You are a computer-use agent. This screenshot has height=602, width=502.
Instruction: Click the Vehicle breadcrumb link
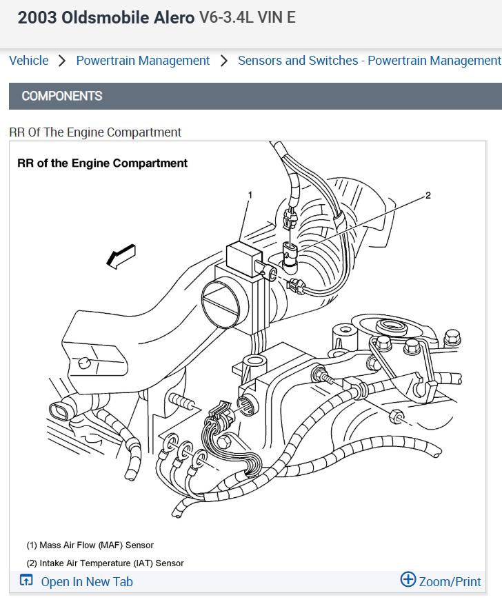[x=29, y=61]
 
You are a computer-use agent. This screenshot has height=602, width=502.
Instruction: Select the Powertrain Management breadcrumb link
[x=143, y=61]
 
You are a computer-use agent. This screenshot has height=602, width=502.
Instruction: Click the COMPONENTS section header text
[x=62, y=96]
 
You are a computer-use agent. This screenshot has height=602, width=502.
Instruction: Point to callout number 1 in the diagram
[x=250, y=195]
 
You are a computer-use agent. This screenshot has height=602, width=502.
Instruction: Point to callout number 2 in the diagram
[x=428, y=195]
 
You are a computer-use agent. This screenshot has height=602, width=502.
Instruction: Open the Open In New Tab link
[x=87, y=582]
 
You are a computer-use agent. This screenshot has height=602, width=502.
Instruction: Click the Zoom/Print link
[x=450, y=582]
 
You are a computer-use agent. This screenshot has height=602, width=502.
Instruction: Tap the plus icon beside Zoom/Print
[x=408, y=580]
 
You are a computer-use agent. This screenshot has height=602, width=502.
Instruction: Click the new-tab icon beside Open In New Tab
[x=26, y=581]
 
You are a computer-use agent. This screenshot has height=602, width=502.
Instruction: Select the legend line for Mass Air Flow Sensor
[x=90, y=545]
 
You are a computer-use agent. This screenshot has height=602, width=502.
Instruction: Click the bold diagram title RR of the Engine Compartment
[x=102, y=163]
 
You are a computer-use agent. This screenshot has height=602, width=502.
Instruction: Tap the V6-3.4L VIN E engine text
[x=247, y=18]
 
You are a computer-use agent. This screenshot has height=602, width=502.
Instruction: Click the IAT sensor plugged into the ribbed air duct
[x=292, y=254]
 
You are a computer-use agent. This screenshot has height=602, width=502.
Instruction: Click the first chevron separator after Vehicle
[x=62, y=61]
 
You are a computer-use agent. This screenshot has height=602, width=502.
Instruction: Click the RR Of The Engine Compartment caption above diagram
[x=95, y=132]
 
